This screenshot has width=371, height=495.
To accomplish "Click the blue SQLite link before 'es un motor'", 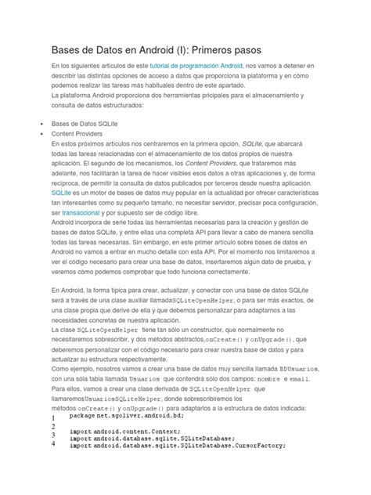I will pos(60,191).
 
